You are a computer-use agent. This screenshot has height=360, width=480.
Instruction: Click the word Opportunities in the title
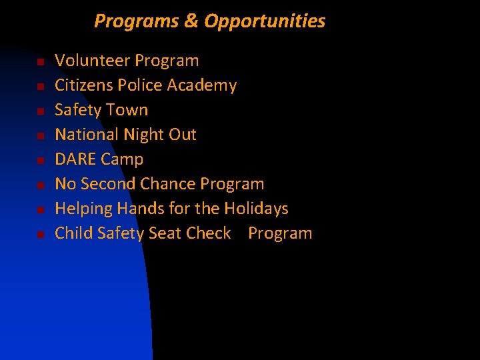265,21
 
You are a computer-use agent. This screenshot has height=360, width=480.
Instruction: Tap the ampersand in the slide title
191,21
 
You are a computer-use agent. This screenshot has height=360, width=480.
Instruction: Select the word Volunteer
92,61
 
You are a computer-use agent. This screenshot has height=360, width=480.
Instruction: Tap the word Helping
84,209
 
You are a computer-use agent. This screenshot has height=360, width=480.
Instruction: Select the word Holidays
256,209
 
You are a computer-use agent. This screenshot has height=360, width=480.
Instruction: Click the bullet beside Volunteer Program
40,62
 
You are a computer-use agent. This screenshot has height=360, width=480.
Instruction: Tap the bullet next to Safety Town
40,111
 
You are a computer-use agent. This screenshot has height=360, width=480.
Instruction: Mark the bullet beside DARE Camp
40,161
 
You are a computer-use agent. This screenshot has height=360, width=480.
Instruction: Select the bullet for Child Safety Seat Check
40,235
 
